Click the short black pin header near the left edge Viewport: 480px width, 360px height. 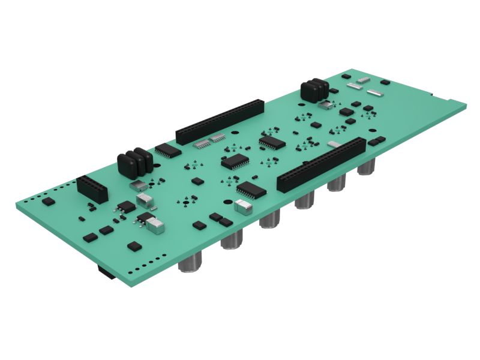tap(92, 188)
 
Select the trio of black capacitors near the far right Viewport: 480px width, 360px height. tap(314, 89)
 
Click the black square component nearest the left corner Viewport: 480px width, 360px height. tap(48, 202)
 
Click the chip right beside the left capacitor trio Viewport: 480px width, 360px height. tap(168, 150)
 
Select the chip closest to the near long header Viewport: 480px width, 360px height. tap(251, 190)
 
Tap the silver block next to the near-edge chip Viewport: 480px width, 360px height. tap(243, 207)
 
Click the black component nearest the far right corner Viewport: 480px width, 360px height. tap(385, 80)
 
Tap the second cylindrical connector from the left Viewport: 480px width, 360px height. tap(232, 240)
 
